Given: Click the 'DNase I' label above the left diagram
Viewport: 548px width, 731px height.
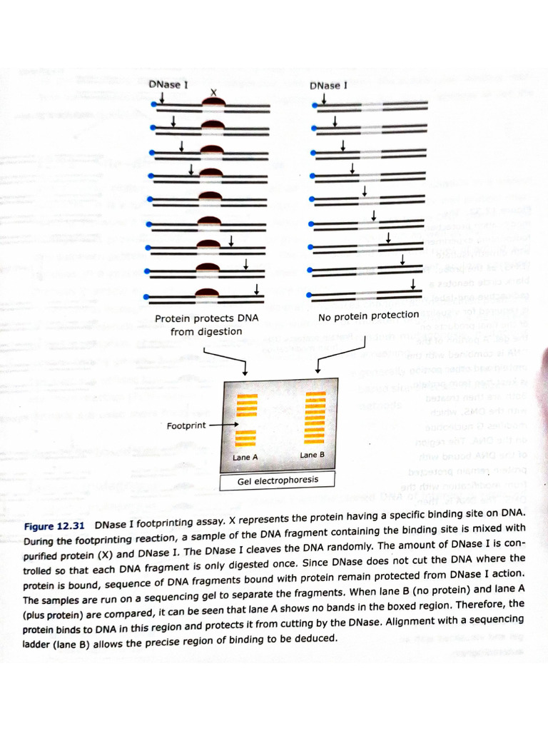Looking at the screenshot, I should pyautogui.click(x=168, y=85).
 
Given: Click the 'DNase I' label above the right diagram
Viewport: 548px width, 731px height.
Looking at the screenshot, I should pyautogui.click(x=328, y=86).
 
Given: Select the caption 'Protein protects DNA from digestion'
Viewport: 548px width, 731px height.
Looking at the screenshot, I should pyautogui.click(x=206, y=325).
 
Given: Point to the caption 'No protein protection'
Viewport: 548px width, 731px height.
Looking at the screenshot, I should pyautogui.click(x=368, y=316).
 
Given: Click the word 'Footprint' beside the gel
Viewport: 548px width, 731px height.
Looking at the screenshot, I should pyautogui.click(x=186, y=425).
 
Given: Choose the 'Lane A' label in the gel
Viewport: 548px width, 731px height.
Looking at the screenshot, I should pyautogui.click(x=245, y=457).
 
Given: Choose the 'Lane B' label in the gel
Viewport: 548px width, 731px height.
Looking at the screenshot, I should pyautogui.click(x=313, y=454).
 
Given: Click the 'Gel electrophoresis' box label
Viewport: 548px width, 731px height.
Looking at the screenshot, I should pyautogui.click(x=278, y=480).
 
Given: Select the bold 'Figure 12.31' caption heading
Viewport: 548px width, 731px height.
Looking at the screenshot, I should pyautogui.click(x=55, y=526).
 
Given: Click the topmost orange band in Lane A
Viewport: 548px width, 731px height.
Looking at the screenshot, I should pyautogui.click(x=246, y=396).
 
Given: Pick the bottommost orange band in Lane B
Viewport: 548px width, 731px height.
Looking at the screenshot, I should pyautogui.click(x=314, y=442).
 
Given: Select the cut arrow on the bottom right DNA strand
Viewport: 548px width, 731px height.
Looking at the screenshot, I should pyautogui.click(x=414, y=285).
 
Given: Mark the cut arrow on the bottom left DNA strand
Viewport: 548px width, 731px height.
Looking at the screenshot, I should pyautogui.click(x=256, y=288).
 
